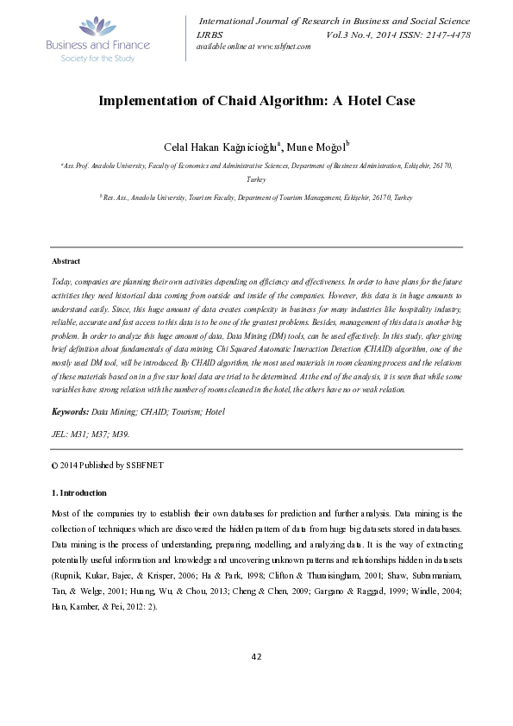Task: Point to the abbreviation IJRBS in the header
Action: (210, 34)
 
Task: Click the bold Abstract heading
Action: (66, 260)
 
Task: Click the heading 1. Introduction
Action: (79, 492)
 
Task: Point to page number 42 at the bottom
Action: (256, 680)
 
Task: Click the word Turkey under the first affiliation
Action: (256, 179)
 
